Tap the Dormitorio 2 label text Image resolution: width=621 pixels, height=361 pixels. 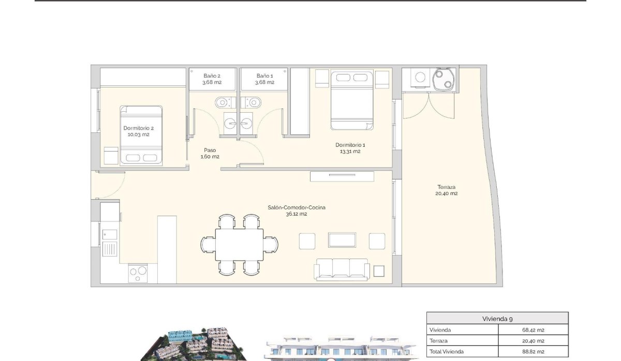click(138, 131)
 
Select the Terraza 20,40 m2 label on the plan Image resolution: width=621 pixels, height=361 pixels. click(446, 190)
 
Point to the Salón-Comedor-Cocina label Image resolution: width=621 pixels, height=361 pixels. click(296, 210)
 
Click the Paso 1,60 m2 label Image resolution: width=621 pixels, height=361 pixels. click(210, 154)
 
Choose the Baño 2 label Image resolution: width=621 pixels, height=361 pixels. click(212, 79)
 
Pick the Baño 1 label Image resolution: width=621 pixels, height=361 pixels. click(264, 79)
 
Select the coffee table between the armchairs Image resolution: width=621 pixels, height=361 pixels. click(342, 240)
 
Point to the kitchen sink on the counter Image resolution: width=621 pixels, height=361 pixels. click(110, 249)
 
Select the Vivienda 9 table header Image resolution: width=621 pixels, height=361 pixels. click(497, 319)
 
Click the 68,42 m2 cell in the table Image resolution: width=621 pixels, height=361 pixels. click(533, 330)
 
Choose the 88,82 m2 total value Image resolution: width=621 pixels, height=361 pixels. click(533, 352)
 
